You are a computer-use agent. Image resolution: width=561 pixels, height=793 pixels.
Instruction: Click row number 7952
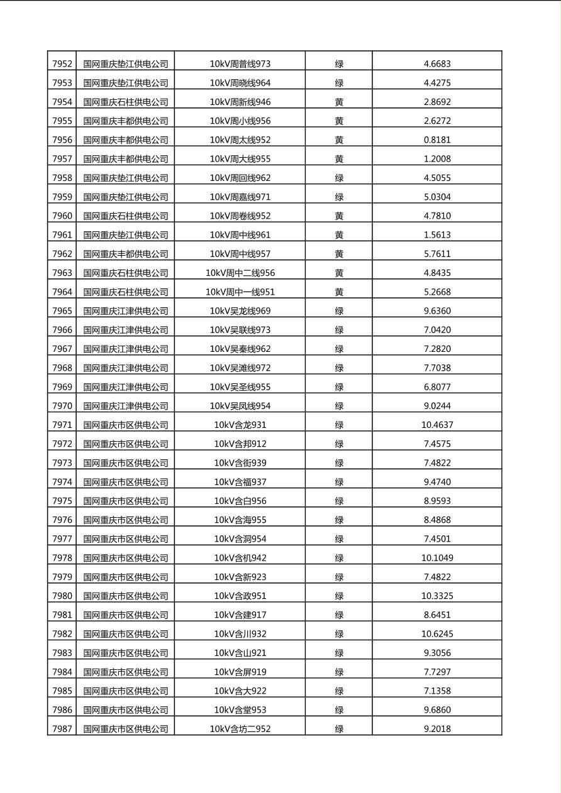[62, 63]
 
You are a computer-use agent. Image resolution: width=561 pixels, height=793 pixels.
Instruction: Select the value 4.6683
[437, 63]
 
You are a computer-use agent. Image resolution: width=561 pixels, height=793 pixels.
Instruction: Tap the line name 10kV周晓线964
[240, 83]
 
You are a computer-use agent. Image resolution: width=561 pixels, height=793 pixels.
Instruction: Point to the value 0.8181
[437, 139]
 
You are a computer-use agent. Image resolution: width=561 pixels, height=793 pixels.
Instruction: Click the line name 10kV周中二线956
[240, 273]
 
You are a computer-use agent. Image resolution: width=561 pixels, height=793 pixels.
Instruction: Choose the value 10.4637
[437, 425]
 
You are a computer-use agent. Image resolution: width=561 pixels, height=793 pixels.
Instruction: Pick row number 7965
[62, 311]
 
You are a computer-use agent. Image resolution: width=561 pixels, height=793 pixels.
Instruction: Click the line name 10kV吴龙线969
[240, 311]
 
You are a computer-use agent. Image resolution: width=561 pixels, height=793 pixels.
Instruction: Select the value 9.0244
[437, 406]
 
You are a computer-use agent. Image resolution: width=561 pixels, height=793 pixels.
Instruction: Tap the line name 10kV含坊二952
[240, 729]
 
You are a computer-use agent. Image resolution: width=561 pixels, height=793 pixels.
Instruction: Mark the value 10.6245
[437, 634]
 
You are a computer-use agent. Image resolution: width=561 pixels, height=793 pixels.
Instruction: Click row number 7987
[62, 729]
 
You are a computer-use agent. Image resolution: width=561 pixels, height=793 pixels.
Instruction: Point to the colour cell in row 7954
[339, 102]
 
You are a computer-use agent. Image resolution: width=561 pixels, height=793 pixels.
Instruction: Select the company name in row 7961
[126, 235]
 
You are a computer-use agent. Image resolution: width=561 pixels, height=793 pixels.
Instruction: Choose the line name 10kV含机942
[240, 558]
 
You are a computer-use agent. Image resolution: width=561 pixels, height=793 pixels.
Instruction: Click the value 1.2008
[437, 159]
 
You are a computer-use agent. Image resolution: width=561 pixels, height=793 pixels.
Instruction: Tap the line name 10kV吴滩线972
[240, 368]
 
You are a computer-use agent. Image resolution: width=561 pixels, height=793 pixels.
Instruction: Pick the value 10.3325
[437, 596]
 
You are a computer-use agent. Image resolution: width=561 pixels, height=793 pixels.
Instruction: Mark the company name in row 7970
[126, 406]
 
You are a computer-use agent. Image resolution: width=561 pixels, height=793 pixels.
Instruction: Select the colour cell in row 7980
[339, 596]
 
